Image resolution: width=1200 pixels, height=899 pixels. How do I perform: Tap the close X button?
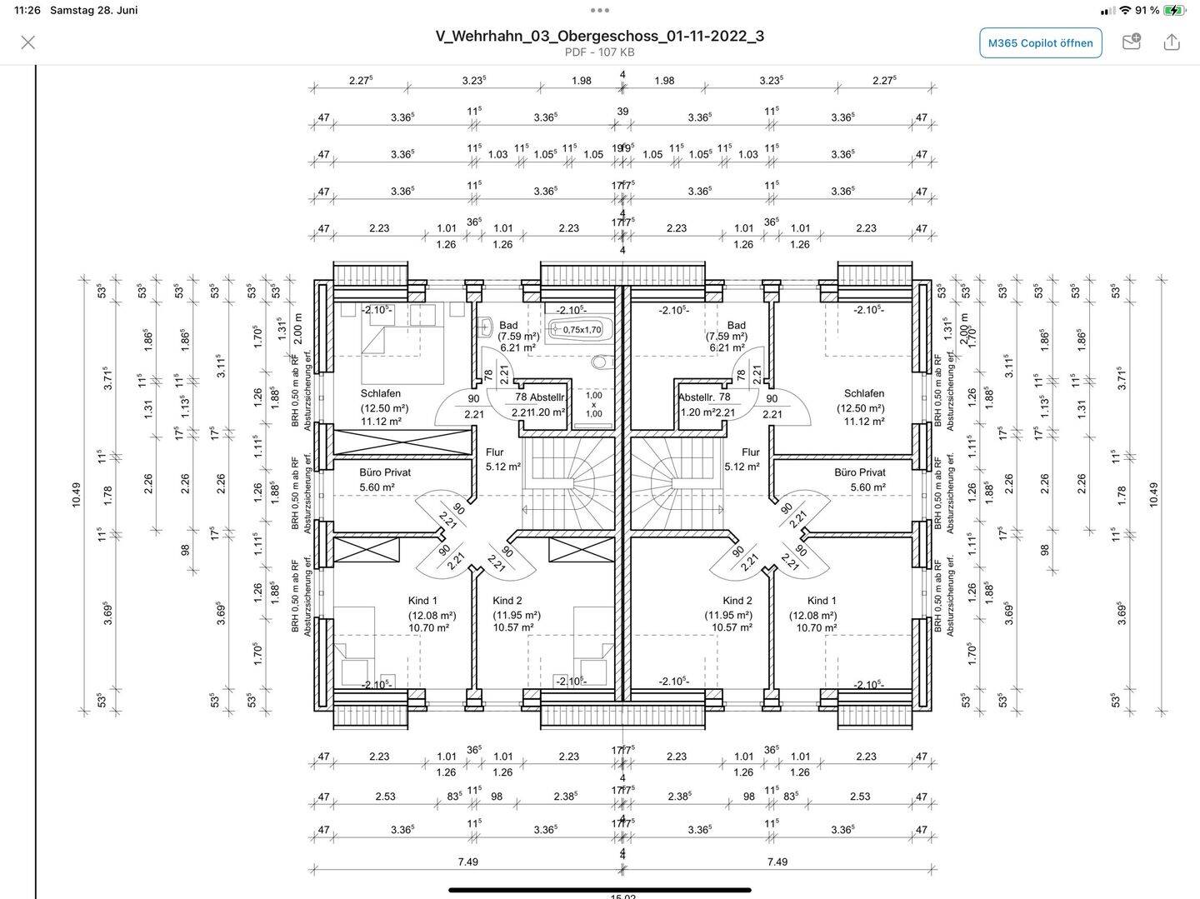(27, 42)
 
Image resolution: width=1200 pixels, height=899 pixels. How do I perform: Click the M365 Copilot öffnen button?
(1040, 42)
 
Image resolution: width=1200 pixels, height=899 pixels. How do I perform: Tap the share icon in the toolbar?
(1172, 42)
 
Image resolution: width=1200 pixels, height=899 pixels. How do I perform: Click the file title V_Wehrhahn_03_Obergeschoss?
(599, 36)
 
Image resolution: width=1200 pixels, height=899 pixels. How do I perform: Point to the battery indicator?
(1173, 10)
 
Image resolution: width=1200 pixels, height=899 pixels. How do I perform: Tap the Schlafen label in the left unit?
(381, 393)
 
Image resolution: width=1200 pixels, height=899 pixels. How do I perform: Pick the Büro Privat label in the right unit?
(859, 472)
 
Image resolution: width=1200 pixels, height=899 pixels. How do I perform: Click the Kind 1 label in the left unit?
(422, 601)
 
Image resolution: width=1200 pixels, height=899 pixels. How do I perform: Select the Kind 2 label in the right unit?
(737, 601)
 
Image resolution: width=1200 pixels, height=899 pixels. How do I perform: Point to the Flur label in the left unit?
(495, 452)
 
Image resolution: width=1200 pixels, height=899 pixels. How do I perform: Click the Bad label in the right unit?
(736, 326)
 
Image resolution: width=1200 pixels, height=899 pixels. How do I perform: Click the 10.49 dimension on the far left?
(77, 495)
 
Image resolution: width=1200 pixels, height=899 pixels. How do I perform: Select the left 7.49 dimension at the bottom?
(468, 862)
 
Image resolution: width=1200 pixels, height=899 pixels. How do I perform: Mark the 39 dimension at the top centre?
(622, 112)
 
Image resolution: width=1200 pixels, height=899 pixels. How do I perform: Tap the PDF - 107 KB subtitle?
(599, 52)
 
